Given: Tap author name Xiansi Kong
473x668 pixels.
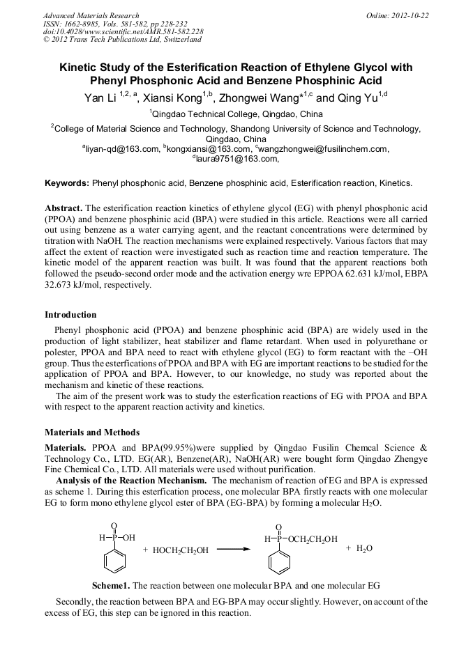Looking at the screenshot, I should (x=172, y=99).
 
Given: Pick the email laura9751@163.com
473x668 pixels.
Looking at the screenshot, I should (x=237, y=159).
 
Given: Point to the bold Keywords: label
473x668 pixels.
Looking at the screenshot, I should (x=67, y=184).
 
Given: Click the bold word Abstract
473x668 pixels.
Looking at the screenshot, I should (x=64, y=209).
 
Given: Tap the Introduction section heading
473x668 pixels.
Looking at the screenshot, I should (x=70, y=315).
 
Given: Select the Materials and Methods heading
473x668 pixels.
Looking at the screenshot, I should (x=92, y=433).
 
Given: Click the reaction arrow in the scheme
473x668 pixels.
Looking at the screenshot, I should (x=233, y=550).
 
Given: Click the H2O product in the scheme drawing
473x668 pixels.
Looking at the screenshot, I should (x=365, y=549).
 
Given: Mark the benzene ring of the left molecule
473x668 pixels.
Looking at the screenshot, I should (x=114, y=559).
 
